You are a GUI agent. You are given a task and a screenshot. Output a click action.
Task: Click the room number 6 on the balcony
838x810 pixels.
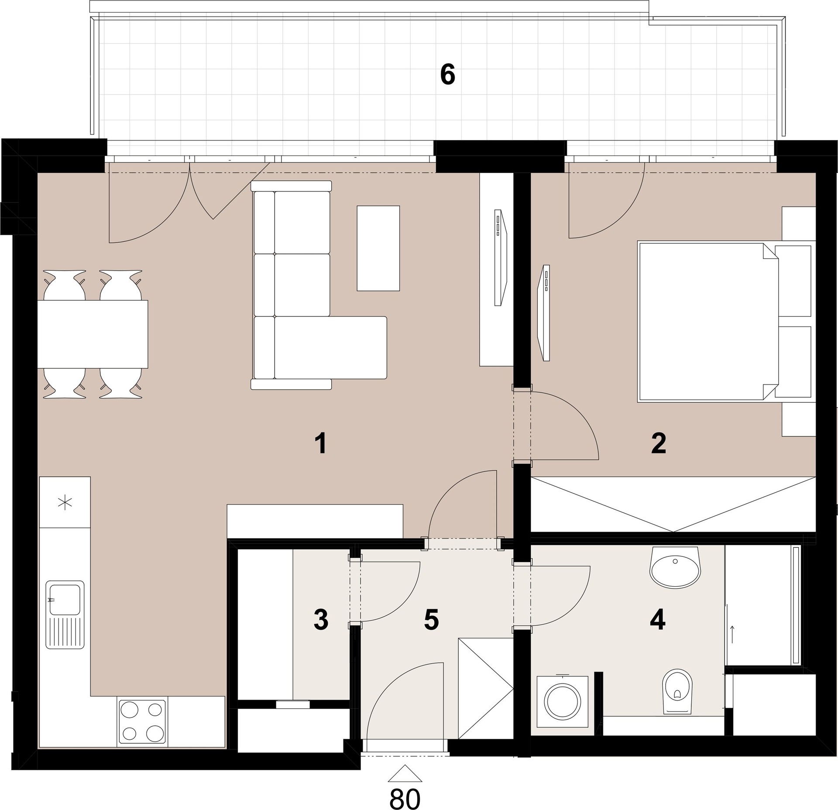point(448,75)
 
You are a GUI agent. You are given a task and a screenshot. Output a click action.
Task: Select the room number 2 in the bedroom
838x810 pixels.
point(658,444)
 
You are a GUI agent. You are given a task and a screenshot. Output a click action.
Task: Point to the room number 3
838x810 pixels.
point(321,620)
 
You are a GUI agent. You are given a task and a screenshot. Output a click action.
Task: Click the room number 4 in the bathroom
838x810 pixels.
point(658,620)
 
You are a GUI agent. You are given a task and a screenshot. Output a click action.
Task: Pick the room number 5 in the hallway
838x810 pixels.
point(431,620)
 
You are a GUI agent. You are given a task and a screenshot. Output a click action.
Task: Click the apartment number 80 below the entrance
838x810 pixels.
point(405,798)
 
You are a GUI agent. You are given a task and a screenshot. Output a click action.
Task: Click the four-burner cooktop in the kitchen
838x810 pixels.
point(142,722)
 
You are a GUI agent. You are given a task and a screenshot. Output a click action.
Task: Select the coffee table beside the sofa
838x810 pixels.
point(378,248)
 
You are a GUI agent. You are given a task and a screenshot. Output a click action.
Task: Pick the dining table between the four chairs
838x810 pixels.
point(93,334)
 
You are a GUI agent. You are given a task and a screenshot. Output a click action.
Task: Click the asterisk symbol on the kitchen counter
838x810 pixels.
point(65,503)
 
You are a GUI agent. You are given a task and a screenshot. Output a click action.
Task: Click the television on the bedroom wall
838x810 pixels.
point(544,312)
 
